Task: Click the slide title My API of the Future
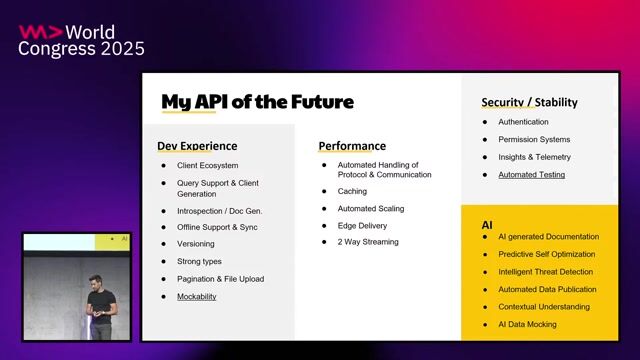tap(257, 102)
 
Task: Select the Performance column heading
tap(352, 146)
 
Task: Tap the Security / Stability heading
tap(529, 102)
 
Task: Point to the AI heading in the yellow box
tap(487, 227)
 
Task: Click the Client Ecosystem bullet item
tap(207, 165)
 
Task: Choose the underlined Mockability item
tap(197, 296)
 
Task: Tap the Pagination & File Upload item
tap(220, 279)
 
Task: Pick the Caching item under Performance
tap(352, 190)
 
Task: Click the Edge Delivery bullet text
tap(361, 226)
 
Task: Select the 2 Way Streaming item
tap(367, 242)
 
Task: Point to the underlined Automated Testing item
tap(531, 175)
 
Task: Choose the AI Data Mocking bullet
tap(527, 325)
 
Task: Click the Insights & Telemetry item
tap(534, 157)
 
